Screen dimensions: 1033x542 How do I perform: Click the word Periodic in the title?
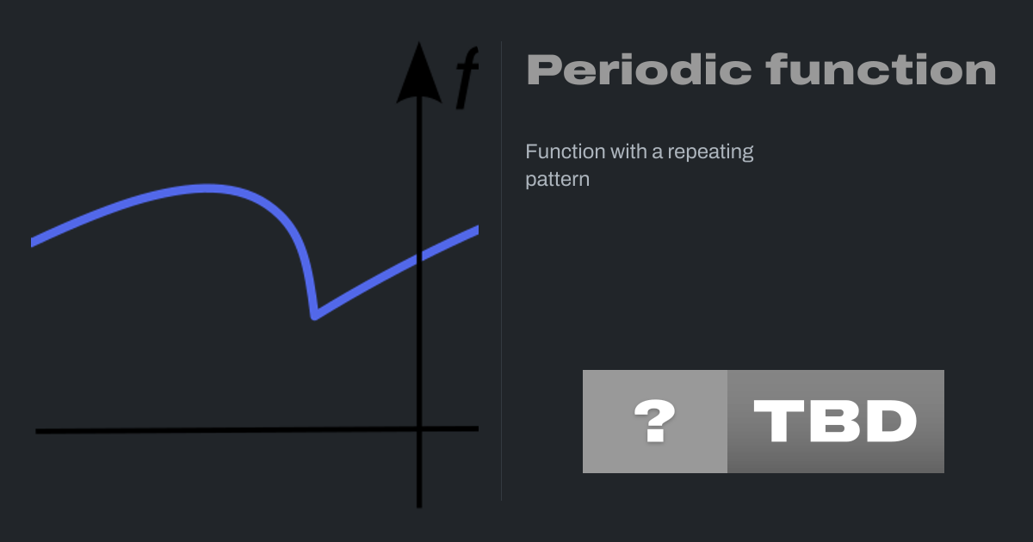coord(639,70)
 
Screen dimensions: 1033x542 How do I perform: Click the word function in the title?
coord(881,69)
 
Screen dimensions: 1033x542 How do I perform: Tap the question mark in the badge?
coord(655,421)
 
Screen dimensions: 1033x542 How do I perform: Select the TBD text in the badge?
coord(835,421)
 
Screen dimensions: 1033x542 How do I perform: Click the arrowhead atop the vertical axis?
coord(419,73)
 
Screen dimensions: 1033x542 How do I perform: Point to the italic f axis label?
coord(467,77)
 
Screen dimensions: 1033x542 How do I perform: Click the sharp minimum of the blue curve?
coord(314,317)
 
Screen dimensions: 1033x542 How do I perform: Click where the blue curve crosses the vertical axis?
coord(419,257)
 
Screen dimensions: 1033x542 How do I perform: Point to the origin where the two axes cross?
coord(419,429)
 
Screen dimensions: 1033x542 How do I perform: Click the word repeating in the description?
coord(710,152)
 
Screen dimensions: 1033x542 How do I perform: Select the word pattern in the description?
coord(558,180)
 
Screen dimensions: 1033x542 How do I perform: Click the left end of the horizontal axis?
coord(36,431)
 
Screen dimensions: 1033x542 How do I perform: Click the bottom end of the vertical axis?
coord(419,507)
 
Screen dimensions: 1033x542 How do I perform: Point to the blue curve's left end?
coord(32,243)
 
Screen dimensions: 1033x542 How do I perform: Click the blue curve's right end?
coord(478,231)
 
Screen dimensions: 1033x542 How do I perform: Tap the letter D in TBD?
coord(893,421)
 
